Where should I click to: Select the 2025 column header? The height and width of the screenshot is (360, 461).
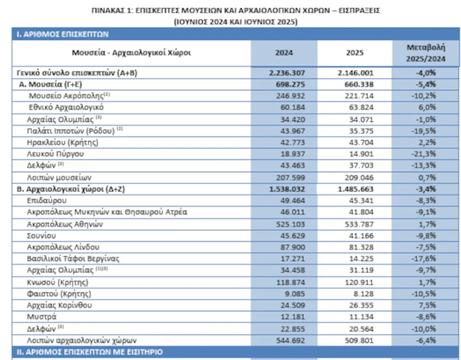tap(355, 53)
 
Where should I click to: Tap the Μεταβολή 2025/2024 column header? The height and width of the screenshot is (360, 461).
tap(424, 53)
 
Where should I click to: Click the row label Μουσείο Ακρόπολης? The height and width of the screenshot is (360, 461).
tap(66, 95)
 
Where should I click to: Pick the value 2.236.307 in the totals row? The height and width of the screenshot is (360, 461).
tap(285, 73)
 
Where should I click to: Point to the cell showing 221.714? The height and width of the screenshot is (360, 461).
tap(356, 95)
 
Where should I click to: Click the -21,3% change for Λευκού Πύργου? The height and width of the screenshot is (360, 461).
tap(424, 153)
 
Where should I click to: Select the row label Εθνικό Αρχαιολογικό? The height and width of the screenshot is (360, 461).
tap(66, 106)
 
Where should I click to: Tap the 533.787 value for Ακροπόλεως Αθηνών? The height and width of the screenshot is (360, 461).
tap(356, 224)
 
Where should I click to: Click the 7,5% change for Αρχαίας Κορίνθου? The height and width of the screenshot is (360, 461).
tap(424, 305)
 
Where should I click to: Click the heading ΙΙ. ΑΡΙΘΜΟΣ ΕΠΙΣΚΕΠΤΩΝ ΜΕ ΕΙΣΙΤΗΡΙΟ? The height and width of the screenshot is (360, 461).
tap(89, 351)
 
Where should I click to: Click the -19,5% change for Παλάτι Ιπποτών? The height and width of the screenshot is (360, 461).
tap(424, 130)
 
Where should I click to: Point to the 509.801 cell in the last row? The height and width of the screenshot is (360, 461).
tap(356, 340)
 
